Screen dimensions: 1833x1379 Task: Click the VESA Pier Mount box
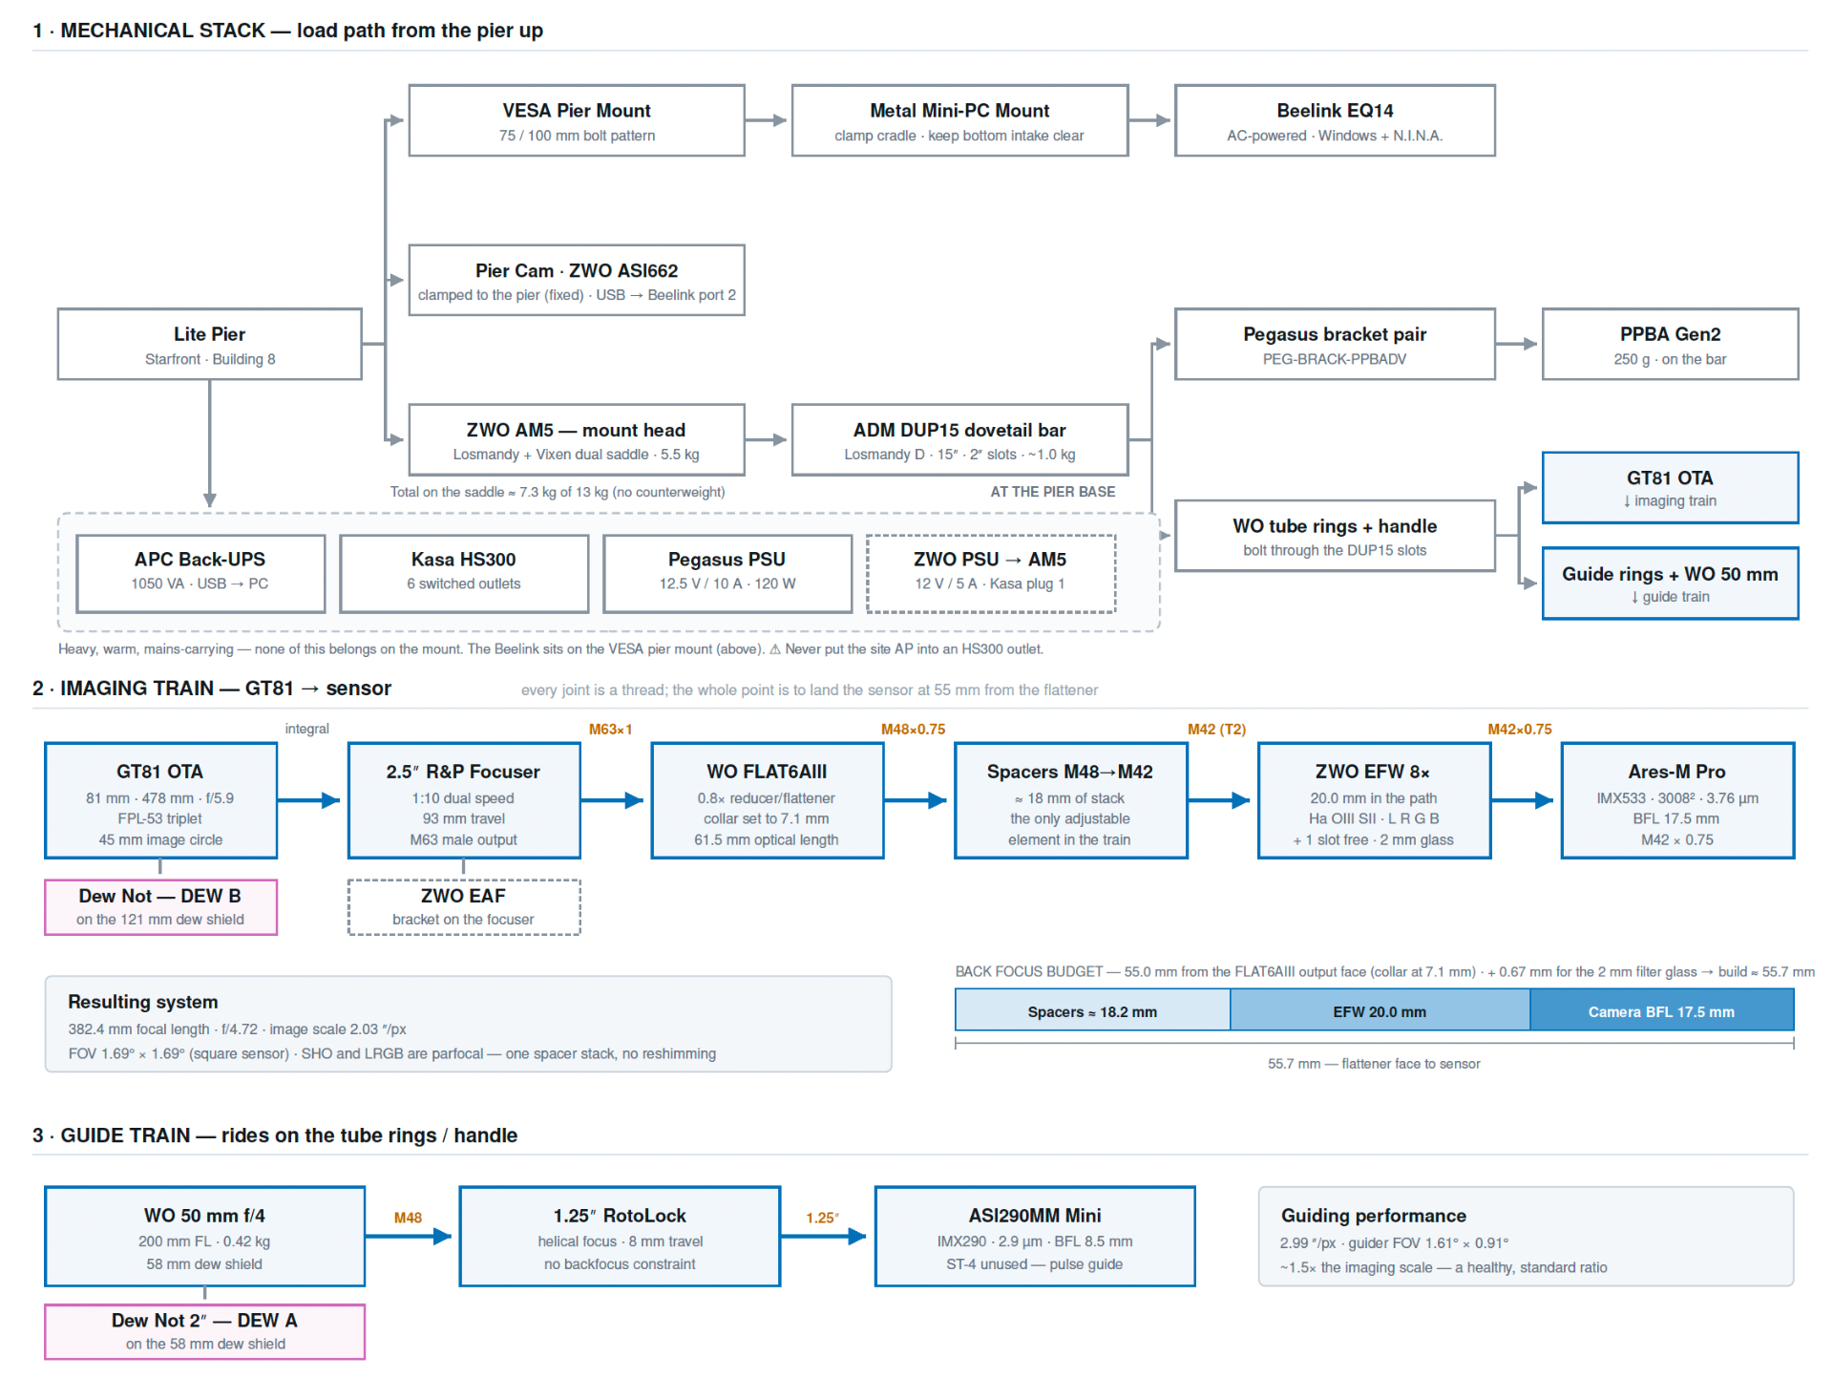(577, 120)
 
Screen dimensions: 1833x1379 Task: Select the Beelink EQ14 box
(1335, 120)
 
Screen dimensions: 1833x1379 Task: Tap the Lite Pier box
(210, 344)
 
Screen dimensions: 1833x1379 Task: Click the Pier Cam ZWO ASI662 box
(577, 280)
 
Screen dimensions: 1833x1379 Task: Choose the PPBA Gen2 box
(1670, 344)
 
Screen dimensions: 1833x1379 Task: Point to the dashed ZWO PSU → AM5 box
(991, 573)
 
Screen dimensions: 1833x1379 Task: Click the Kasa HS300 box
(464, 573)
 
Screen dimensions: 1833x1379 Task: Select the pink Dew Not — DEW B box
(160, 907)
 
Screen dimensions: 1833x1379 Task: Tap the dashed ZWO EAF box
(464, 907)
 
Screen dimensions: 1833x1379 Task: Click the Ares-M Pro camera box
(1677, 800)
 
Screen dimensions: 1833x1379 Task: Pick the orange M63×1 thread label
(611, 730)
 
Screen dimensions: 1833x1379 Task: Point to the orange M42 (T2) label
(1216, 730)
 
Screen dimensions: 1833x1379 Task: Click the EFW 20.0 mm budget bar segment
(1380, 1011)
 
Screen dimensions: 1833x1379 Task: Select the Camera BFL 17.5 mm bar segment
(1661, 1011)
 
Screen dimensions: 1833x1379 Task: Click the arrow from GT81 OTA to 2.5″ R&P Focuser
(308, 800)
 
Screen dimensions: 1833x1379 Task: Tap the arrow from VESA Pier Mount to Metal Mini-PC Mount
(767, 120)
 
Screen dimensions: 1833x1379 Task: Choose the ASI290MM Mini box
(1035, 1237)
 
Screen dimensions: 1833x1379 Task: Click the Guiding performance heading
(1373, 1216)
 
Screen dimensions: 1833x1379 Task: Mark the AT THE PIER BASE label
(1053, 492)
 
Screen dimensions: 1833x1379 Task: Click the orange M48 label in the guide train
(408, 1218)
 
